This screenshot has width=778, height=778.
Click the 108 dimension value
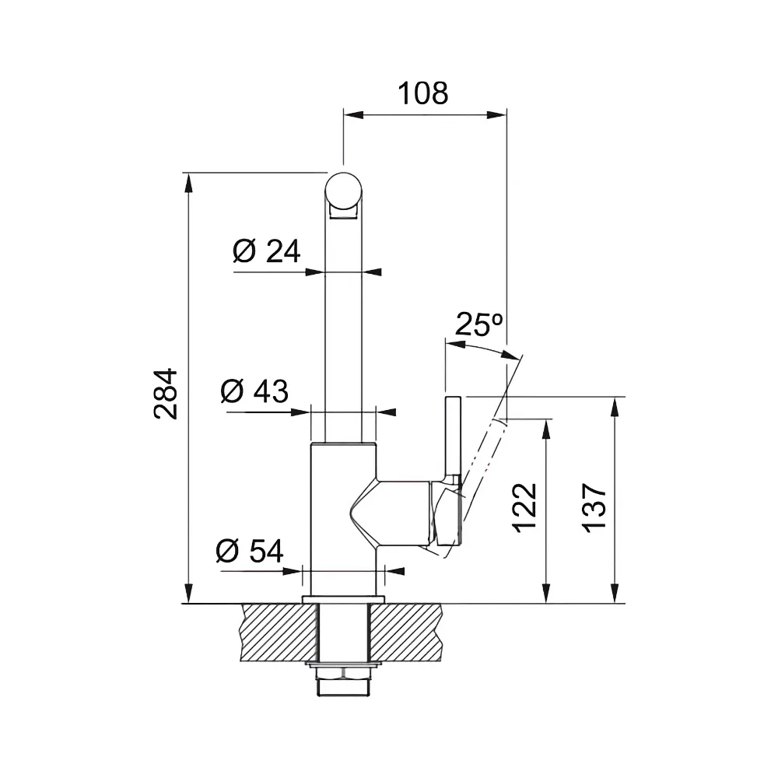tap(422, 93)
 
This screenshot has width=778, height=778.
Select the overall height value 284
tap(166, 394)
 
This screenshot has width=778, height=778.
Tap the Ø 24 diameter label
tap(266, 251)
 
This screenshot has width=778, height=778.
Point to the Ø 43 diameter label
tap(254, 391)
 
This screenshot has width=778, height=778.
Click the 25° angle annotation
tap(478, 324)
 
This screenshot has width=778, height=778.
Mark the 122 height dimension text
tap(525, 507)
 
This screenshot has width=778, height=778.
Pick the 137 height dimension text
tap(594, 507)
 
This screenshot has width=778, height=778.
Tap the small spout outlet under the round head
tap(343, 213)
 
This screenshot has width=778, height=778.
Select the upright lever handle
tap(454, 439)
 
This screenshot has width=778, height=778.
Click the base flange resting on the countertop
tap(343, 599)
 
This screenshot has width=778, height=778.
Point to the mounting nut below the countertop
tap(343, 672)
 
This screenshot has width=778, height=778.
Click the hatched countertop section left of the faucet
tap(279, 633)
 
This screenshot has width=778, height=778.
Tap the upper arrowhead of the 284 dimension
tap(188, 182)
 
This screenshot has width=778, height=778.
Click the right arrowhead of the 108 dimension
tap(496, 115)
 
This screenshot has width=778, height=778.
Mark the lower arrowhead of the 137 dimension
tap(615, 594)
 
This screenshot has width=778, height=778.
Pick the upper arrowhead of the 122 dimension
tap(546, 429)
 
